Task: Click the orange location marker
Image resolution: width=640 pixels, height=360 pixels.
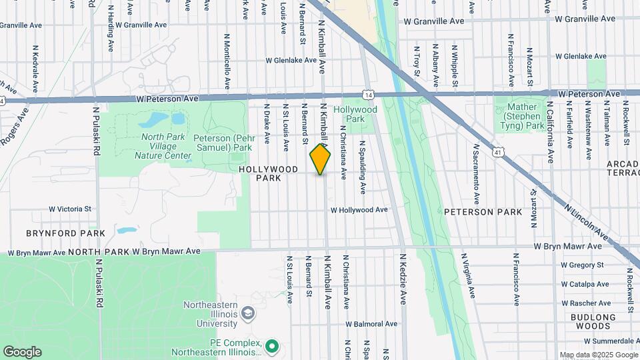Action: (x=320, y=160)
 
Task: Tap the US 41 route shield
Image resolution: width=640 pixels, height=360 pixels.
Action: (x=498, y=153)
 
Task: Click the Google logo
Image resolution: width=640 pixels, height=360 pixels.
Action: (x=22, y=351)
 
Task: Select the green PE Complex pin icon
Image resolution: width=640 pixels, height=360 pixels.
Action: (x=271, y=346)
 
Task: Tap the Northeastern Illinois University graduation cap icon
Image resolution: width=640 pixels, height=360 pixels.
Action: (x=248, y=313)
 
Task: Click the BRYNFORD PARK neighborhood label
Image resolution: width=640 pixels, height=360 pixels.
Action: (x=65, y=233)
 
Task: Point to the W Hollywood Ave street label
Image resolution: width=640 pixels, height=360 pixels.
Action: (x=359, y=210)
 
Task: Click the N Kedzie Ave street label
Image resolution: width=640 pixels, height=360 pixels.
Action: (x=403, y=279)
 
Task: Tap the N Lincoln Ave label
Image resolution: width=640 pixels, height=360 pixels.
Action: (x=587, y=222)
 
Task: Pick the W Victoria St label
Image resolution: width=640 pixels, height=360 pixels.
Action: (x=70, y=209)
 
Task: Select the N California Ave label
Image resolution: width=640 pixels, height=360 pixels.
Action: (x=551, y=133)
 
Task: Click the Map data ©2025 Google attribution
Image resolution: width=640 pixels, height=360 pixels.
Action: (x=598, y=355)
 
